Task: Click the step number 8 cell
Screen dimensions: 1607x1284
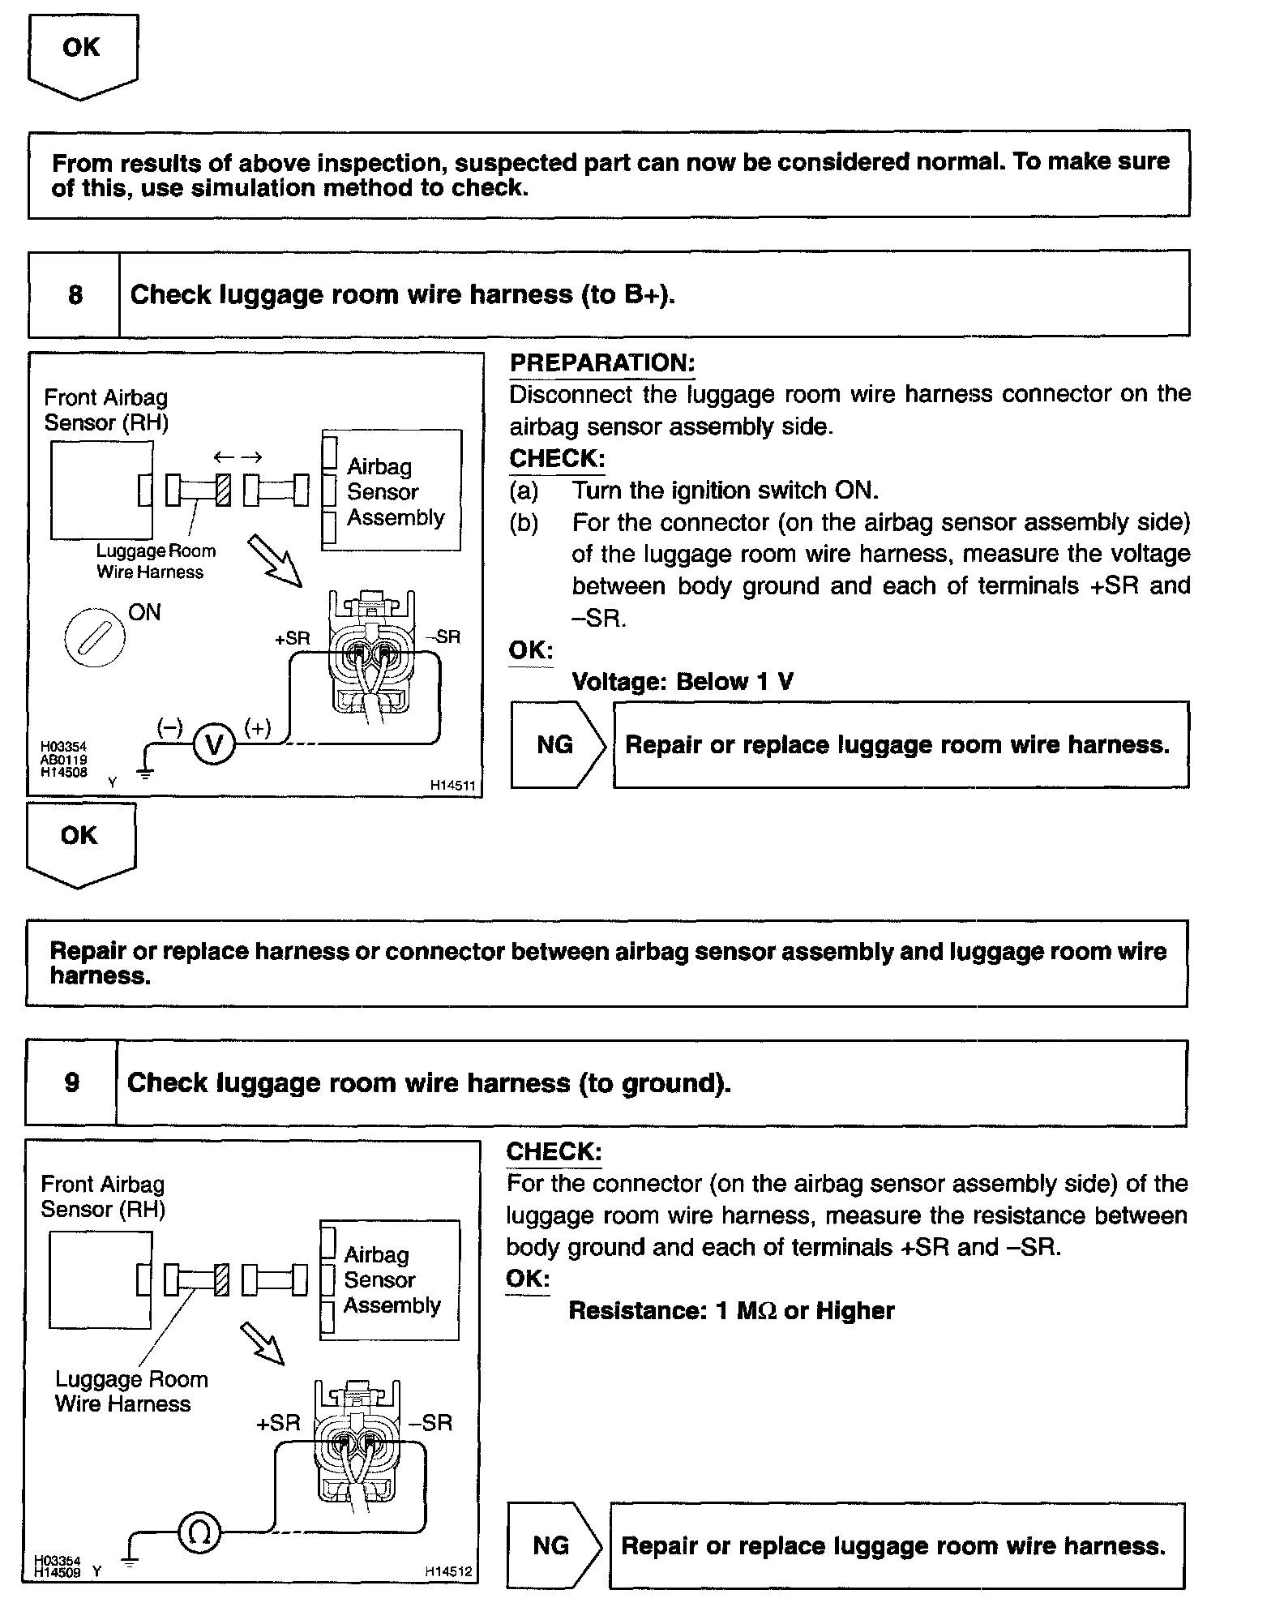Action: (x=75, y=294)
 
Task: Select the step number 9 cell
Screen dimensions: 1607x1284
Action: (x=72, y=1083)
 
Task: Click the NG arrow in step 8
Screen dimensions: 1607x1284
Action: (x=557, y=744)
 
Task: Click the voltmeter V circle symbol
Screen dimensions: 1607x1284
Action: (x=214, y=744)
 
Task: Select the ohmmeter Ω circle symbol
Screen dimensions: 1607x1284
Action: (x=199, y=1532)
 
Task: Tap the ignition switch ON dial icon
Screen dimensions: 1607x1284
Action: (x=95, y=636)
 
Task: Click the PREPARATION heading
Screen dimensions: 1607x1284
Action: (x=602, y=363)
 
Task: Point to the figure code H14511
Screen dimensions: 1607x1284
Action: (x=452, y=786)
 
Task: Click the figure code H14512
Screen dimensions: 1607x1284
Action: (x=448, y=1571)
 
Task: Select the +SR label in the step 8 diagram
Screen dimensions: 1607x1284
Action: (x=292, y=638)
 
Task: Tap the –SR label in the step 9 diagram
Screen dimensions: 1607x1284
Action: (x=430, y=1422)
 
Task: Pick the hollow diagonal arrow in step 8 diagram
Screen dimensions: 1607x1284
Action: (x=274, y=559)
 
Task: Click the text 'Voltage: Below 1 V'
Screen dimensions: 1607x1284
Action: (x=683, y=681)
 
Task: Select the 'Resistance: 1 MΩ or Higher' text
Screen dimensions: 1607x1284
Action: (x=731, y=1311)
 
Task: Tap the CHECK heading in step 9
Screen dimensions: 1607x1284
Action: (x=554, y=1151)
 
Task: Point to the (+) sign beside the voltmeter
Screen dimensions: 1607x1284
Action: (x=258, y=727)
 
